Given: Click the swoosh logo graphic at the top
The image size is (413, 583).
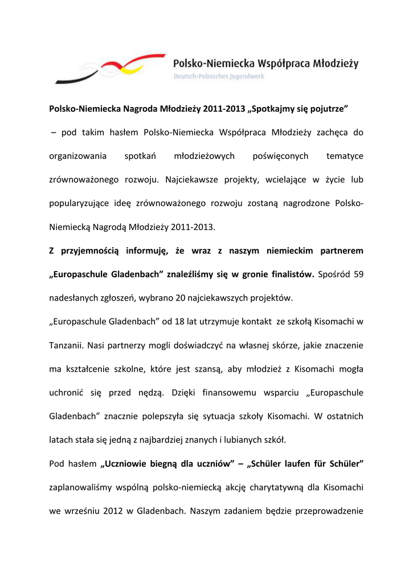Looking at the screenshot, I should [x=108, y=70].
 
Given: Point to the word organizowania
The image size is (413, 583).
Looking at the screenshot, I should [x=77, y=156].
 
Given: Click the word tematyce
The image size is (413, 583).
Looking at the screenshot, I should [x=345, y=156].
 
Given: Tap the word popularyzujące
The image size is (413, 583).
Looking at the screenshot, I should [x=81, y=203].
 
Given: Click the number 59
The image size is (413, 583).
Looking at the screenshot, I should [x=358, y=274].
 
